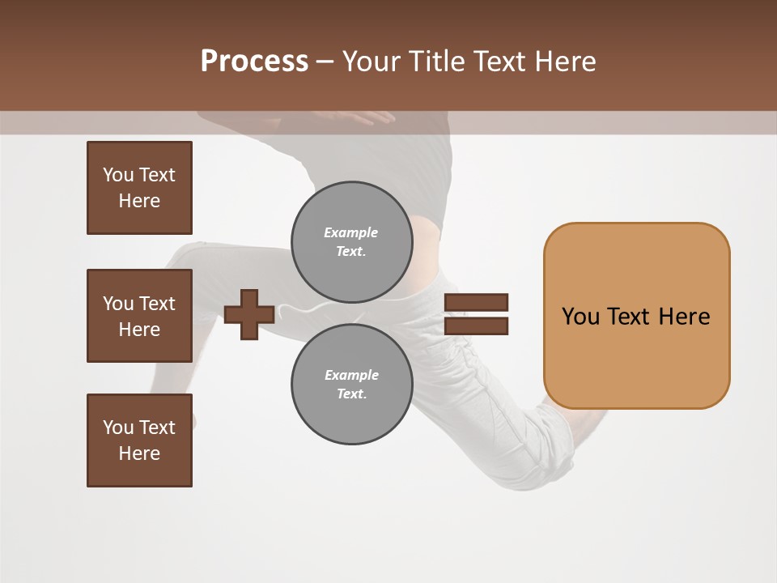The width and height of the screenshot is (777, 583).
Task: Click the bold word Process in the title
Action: pyautogui.click(x=254, y=62)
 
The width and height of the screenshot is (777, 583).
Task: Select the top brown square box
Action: pyautogui.click(x=139, y=188)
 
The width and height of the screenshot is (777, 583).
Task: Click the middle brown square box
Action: pyautogui.click(x=139, y=316)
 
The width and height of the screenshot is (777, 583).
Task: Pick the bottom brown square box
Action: pyautogui.click(x=139, y=440)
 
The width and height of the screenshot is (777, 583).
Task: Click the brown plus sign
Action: pyautogui.click(x=248, y=314)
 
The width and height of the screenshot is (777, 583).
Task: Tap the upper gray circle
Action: pyautogui.click(x=351, y=241)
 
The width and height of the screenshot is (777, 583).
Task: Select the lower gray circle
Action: pyautogui.click(x=351, y=385)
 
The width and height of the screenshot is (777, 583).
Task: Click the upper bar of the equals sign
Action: pyautogui.click(x=476, y=302)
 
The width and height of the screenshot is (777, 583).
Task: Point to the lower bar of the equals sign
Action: pyautogui.click(x=476, y=326)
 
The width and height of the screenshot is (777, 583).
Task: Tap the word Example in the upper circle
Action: pyautogui.click(x=350, y=232)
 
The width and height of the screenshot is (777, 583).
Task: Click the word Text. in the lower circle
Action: pyautogui.click(x=351, y=394)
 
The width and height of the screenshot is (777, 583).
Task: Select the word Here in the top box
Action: pyautogui.click(x=139, y=201)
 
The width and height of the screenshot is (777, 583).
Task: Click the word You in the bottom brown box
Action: pyautogui.click(x=118, y=427)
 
